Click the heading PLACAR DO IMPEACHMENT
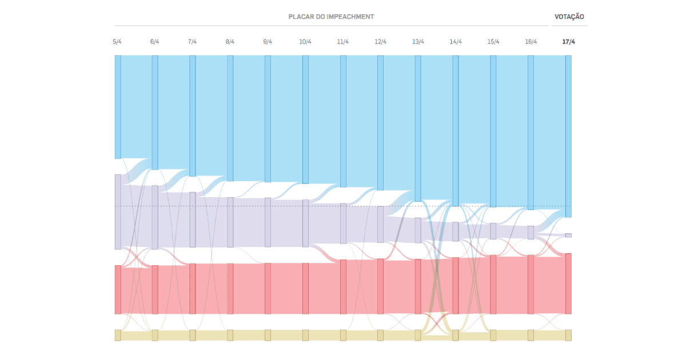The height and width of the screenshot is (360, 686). (x=331, y=17)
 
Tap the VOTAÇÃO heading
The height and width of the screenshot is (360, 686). (x=569, y=17)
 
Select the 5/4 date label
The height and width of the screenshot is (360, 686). (x=117, y=42)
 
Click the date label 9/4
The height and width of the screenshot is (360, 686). (x=268, y=42)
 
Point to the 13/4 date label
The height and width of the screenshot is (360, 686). (x=418, y=42)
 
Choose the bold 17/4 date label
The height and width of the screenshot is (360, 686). (x=568, y=42)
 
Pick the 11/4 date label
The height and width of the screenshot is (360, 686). (x=343, y=42)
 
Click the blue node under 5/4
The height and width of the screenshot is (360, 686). (x=118, y=107)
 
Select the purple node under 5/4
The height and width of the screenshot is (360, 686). (x=118, y=211)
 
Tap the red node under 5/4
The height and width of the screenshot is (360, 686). (x=118, y=289)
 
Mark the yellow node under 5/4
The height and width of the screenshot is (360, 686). (x=118, y=335)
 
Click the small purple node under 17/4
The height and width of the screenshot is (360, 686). (x=568, y=235)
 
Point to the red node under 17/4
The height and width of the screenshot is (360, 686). (x=568, y=283)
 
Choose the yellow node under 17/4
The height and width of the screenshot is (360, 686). (x=568, y=335)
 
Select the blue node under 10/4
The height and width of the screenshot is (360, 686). (x=305, y=119)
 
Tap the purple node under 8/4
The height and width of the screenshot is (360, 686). (x=230, y=222)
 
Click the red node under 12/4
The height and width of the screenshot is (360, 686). (x=381, y=286)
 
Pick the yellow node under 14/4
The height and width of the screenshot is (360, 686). (x=456, y=335)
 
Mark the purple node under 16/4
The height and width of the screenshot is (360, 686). (x=531, y=233)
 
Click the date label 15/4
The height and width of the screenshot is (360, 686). (x=493, y=42)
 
